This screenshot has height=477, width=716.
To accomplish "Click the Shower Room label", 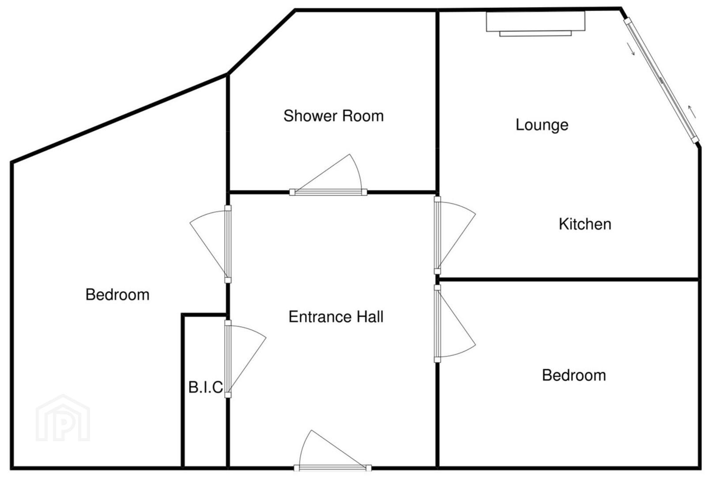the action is coord(333,116).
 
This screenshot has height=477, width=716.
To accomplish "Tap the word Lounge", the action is coord(542,125).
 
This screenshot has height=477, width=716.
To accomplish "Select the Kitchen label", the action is coord(585,224).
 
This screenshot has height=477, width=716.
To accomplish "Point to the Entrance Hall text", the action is coord(336,317).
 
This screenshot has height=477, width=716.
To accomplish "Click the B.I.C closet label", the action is coord(206,387).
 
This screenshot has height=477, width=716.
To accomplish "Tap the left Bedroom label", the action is coord(117,295).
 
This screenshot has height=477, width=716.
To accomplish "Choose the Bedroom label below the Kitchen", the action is coord(574,375).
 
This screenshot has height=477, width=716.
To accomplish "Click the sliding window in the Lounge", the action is coord(661,80).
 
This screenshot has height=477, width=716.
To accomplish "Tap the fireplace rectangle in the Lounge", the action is coord(536,24).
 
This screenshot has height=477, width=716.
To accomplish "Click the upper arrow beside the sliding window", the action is coord(692,112).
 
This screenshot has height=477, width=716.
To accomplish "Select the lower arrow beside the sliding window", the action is coord(631,49).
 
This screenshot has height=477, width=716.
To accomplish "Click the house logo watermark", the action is coord(63,418).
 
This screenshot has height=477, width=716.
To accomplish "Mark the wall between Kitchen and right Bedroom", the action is coord(569,280).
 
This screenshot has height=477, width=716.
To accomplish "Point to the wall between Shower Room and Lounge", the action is coord(437,102).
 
